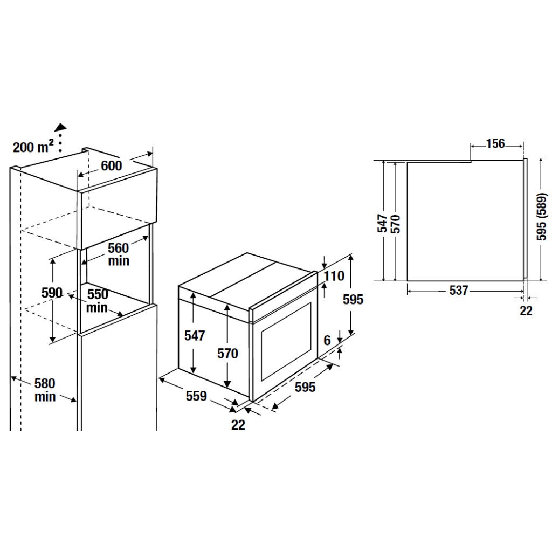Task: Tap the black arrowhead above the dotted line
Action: pos(61,127)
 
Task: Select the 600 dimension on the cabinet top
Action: pos(112,165)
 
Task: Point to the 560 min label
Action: pos(118,254)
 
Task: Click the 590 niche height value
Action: pos(52,293)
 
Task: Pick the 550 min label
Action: pos(98,301)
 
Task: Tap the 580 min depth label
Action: pos(45,390)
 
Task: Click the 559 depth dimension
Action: pos(196,396)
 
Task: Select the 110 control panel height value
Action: pos(334,276)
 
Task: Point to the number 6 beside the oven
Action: pos(327,341)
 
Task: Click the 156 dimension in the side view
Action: pos(495,143)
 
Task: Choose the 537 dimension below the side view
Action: pos(458,291)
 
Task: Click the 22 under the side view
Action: pos(526,311)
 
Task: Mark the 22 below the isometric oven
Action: pos(238,425)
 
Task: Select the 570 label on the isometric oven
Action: pos(227,354)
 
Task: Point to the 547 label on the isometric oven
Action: pos(195,336)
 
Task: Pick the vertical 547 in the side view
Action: pos(382,224)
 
